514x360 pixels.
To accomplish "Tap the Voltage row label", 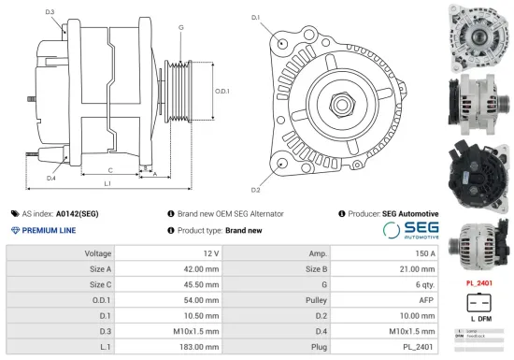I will [x=98, y=253].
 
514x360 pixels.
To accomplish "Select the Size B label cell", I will [x=317, y=269].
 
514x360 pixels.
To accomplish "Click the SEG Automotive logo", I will [x=412, y=231].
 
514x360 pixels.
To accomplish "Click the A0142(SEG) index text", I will [x=77, y=214].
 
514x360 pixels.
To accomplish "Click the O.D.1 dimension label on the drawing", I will [x=222, y=91].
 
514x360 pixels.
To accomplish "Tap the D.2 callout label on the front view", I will [x=255, y=164].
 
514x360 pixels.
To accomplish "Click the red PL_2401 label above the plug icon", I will [x=478, y=282].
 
